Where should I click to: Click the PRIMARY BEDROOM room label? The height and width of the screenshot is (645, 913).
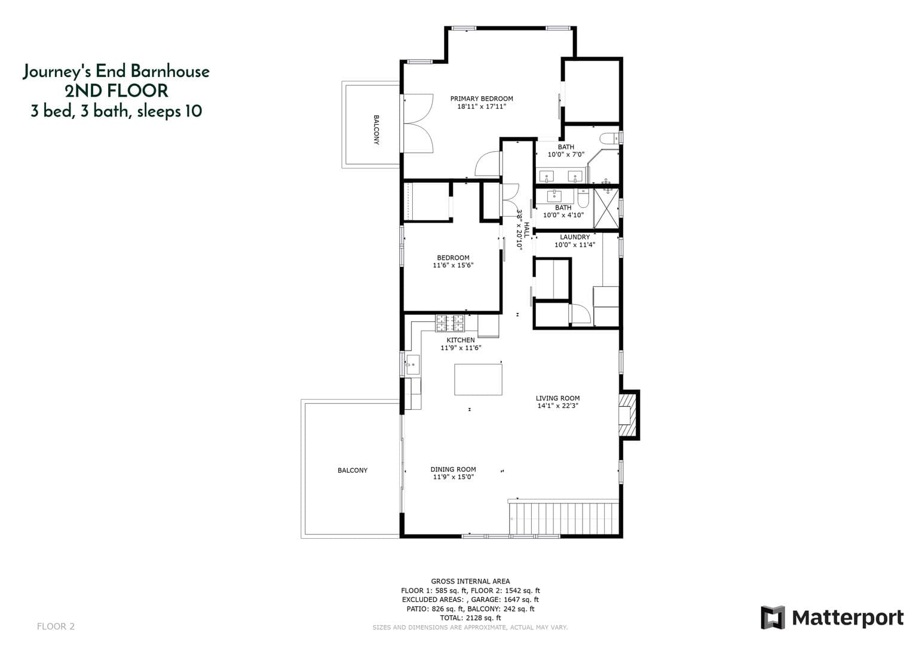coord(481,99)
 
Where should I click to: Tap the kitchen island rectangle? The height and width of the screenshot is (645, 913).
coord(478,379)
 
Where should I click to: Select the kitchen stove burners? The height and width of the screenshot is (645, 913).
coord(450,323)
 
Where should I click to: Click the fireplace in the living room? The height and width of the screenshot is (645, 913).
coord(626,415)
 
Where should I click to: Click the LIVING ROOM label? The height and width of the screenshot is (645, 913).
coord(557,398)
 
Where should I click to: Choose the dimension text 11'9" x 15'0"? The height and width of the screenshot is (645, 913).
coord(453,477)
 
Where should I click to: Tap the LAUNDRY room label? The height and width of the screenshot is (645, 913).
coord(575,237)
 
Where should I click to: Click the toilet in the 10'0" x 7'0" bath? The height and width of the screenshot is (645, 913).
coord(609,139)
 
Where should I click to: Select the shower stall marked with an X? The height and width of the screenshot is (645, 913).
coord(606,208)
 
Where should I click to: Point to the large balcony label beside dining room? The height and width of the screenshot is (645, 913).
coord(353,471)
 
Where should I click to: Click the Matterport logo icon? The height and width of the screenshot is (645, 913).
coord(772,618)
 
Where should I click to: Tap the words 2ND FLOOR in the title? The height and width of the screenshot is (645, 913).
coord(116,91)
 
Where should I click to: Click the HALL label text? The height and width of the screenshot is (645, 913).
coord(526,230)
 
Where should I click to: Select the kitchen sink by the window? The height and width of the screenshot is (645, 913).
coord(413,364)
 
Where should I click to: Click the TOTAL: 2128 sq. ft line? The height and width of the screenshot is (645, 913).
coord(470,618)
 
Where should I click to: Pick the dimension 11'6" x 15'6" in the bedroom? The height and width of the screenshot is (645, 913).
coord(453,265)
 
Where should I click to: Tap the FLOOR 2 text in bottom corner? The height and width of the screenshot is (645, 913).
coord(56,626)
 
